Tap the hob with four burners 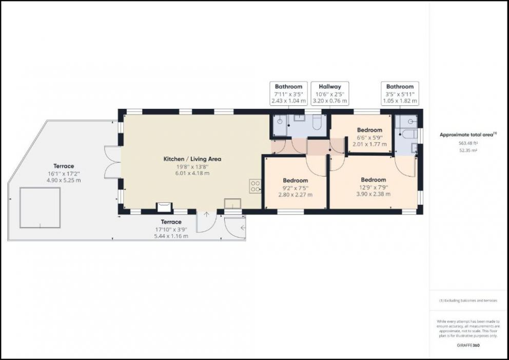(x=255, y=186)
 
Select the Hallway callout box (x=330, y=93)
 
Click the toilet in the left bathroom (x=317, y=122)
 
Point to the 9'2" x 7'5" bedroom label (x=296, y=187)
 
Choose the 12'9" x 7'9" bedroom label (x=374, y=187)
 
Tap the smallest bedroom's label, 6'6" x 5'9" (x=370, y=137)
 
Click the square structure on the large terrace (x=40, y=207)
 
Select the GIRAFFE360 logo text (x=468, y=346)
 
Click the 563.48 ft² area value (x=468, y=143)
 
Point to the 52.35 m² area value (x=468, y=150)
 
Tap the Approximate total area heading (x=468, y=135)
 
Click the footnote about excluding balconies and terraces (x=468, y=300)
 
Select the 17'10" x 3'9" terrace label (x=171, y=229)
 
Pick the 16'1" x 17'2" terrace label (x=64, y=173)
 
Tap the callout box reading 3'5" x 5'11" (x=400, y=93)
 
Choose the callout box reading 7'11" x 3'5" (x=288, y=93)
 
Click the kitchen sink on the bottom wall (x=233, y=203)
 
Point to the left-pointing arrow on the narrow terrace (x=243, y=228)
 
